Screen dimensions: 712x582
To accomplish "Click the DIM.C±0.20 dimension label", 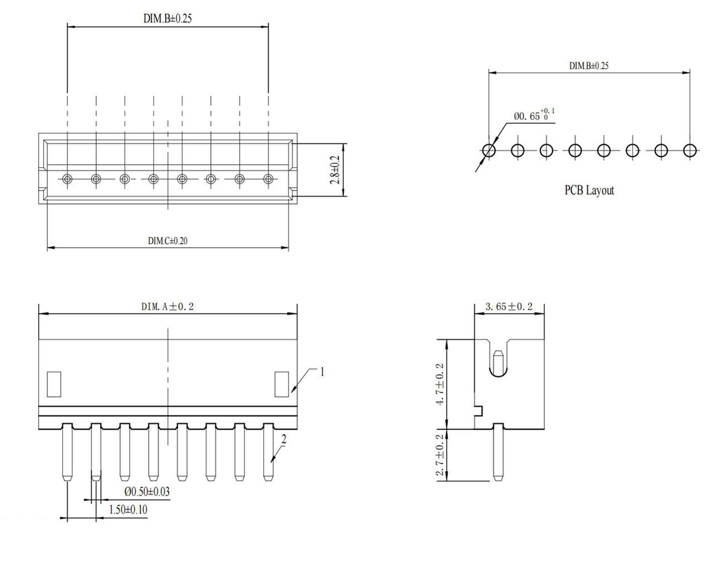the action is tap(167, 241).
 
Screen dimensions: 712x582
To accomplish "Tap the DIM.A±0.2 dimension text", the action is tap(167, 306).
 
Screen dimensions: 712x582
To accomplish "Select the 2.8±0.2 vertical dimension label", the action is tap(335, 170).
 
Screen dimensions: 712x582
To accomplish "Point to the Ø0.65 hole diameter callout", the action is tap(534, 115).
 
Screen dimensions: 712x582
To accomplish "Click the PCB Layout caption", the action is tap(589, 190).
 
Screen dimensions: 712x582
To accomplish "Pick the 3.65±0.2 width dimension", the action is tap(509, 307).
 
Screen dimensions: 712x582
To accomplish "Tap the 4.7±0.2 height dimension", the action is tap(439, 384).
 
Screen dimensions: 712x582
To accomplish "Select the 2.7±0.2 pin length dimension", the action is tap(439, 455).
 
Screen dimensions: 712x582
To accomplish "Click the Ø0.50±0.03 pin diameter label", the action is tap(147, 491).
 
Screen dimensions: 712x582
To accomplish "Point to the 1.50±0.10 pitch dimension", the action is tap(128, 510).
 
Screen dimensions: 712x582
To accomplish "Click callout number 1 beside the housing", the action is tap(322, 372).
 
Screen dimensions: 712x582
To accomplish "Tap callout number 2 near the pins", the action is tap(284, 439).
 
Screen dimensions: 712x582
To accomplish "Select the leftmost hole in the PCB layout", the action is tap(489, 150).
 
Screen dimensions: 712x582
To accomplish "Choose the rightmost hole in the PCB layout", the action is tap(690, 150).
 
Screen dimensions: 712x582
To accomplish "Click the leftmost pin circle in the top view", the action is tap(67, 179).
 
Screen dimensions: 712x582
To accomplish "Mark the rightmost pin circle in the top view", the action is tap(268, 179).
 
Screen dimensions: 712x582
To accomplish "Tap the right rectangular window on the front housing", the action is tap(282, 384).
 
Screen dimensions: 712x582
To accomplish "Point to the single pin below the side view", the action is tap(498, 452).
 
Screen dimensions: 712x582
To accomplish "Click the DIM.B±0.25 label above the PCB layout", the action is tap(589, 66).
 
